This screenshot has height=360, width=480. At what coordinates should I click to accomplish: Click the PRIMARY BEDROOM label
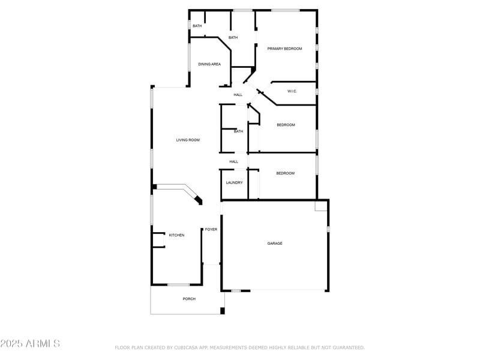pyautogui.click(x=284, y=49)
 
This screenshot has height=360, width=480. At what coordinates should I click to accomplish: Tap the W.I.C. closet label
pyautogui.click(x=292, y=91)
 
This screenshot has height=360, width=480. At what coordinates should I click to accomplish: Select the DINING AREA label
pyautogui.click(x=209, y=64)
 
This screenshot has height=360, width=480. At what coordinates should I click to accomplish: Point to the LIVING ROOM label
pyautogui.click(x=188, y=140)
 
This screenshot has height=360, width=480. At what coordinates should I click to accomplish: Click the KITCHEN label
pyautogui.click(x=176, y=235)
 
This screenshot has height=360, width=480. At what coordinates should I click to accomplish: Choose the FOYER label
pyautogui.click(x=211, y=230)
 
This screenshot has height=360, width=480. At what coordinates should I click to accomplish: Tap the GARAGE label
pyautogui.click(x=275, y=244)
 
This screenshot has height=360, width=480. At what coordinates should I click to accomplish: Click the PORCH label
pyautogui.click(x=189, y=299)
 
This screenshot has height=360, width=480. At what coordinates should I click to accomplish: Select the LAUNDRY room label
pyautogui.click(x=234, y=182)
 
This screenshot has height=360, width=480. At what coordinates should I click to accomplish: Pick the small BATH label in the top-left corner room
pyautogui.click(x=197, y=26)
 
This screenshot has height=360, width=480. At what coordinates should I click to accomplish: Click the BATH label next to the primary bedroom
pyautogui.click(x=233, y=38)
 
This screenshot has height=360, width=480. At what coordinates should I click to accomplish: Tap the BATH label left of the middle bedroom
pyautogui.click(x=238, y=131)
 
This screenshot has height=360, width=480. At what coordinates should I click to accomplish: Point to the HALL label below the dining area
pyautogui.click(x=238, y=95)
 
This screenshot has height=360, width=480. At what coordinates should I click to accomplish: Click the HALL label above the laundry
pyautogui.click(x=234, y=161)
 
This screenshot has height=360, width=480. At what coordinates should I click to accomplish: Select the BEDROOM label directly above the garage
pyautogui.click(x=285, y=173)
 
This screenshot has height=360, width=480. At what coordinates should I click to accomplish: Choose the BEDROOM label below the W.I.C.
pyautogui.click(x=286, y=125)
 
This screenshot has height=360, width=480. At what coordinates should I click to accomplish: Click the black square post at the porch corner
pyautogui.click(x=222, y=311)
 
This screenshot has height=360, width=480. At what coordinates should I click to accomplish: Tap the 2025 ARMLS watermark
pyautogui.click(x=30, y=344)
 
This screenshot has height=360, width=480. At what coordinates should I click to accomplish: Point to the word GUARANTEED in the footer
pyautogui.click(x=347, y=347)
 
